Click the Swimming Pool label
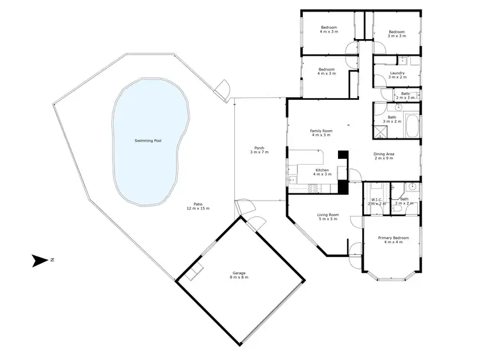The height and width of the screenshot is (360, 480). tap(148, 140)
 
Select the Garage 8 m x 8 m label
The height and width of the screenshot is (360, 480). tap(239, 275)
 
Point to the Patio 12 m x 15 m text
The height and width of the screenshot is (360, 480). tap(198, 206)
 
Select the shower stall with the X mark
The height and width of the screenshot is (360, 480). tap(381, 132)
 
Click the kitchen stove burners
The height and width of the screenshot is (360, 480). tap(313, 187)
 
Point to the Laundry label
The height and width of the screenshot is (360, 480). tap(397, 75)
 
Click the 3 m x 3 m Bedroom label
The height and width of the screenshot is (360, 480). tap(396, 34)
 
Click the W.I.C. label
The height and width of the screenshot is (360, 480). tap(376, 201)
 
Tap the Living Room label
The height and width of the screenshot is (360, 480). tap(328, 217)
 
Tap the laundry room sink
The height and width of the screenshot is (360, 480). tap(404, 61)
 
